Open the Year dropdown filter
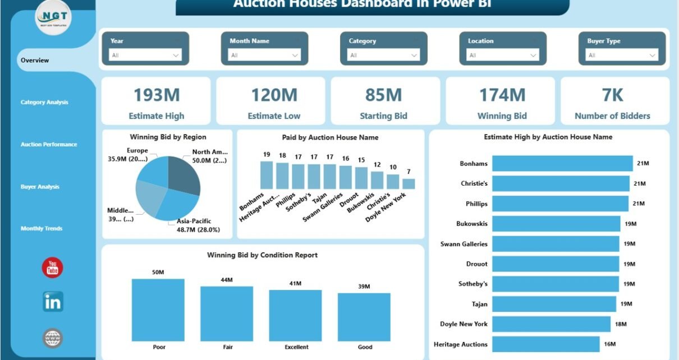point(145,55)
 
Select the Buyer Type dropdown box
point(622,55)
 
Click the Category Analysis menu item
point(44,102)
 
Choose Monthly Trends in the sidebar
point(42,228)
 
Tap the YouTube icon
point(53,267)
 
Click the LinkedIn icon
point(53,302)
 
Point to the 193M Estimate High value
point(157,95)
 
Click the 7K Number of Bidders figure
point(612,95)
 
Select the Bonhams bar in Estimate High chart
point(562,164)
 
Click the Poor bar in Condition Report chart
point(158,310)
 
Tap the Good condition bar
point(364,317)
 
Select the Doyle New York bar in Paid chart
point(409,183)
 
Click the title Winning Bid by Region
point(168,137)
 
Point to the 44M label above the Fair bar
point(227,280)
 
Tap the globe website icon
point(53,338)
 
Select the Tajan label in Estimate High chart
point(479,304)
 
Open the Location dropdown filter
point(503,55)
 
